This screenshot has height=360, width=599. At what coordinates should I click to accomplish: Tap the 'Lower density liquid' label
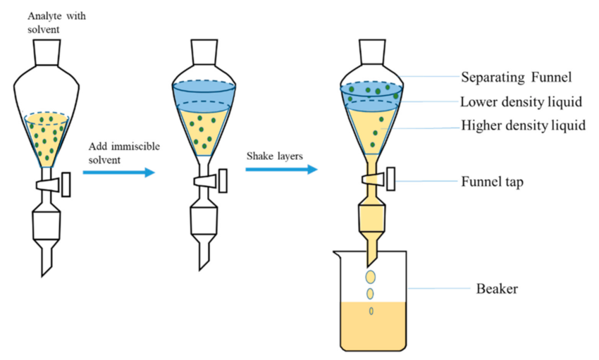click(x=521, y=101)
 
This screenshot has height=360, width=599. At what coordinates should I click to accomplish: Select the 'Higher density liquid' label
click(x=523, y=126)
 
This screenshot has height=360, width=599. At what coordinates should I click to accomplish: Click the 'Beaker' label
click(x=497, y=288)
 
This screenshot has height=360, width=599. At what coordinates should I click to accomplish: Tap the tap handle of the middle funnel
click(x=224, y=180)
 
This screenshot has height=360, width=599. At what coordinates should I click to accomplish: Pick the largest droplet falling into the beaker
click(x=371, y=277)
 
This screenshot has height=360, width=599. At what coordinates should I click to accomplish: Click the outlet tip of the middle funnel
click(x=203, y=261)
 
